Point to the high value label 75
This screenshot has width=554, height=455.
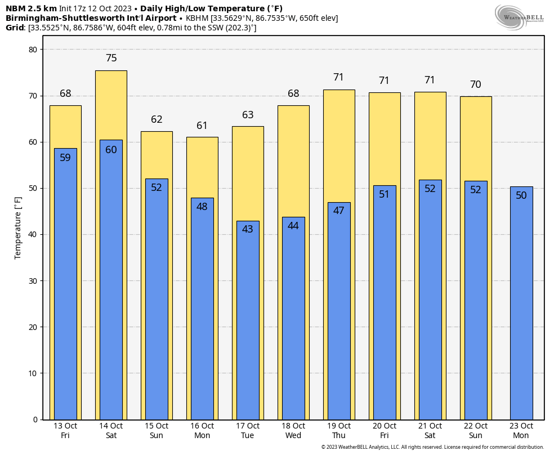111,58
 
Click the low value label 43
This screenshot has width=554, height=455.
248,229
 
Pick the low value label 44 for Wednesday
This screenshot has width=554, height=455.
293,226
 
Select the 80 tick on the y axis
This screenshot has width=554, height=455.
32,50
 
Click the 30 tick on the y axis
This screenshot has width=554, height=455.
32,281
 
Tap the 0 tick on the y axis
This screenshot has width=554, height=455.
34,420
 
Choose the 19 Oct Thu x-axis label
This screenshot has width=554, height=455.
339,431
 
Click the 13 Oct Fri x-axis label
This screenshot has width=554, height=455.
65,431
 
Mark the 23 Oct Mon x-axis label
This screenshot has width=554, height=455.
521,431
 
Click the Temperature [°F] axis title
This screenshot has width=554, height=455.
18,228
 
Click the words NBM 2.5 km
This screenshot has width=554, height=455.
31,8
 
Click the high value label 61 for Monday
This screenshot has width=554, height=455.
202,126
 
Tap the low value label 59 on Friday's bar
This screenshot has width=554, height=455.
65,158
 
